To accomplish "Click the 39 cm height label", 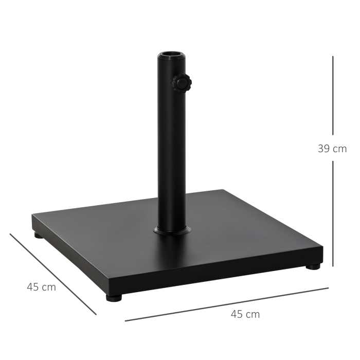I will coord(332,149).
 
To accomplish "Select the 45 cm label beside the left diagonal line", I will coord(41,287).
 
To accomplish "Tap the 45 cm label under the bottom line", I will coord(245,314).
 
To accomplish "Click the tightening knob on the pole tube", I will coord(182,83).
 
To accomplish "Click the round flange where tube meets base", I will coord(172,231).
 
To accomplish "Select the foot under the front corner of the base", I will coord(114,297).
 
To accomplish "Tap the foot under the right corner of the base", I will coord(313,266).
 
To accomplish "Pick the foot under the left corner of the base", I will coord(39,236).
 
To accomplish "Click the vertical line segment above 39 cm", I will coord(333,95).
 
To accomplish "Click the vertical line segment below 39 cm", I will coord(333,213).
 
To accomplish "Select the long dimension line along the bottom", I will coord(226,304).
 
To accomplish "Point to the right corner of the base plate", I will coord(322,248).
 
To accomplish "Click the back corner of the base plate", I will coord(222,191).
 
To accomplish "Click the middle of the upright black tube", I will coord(172,144).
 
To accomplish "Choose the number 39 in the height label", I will coord(325,149).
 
